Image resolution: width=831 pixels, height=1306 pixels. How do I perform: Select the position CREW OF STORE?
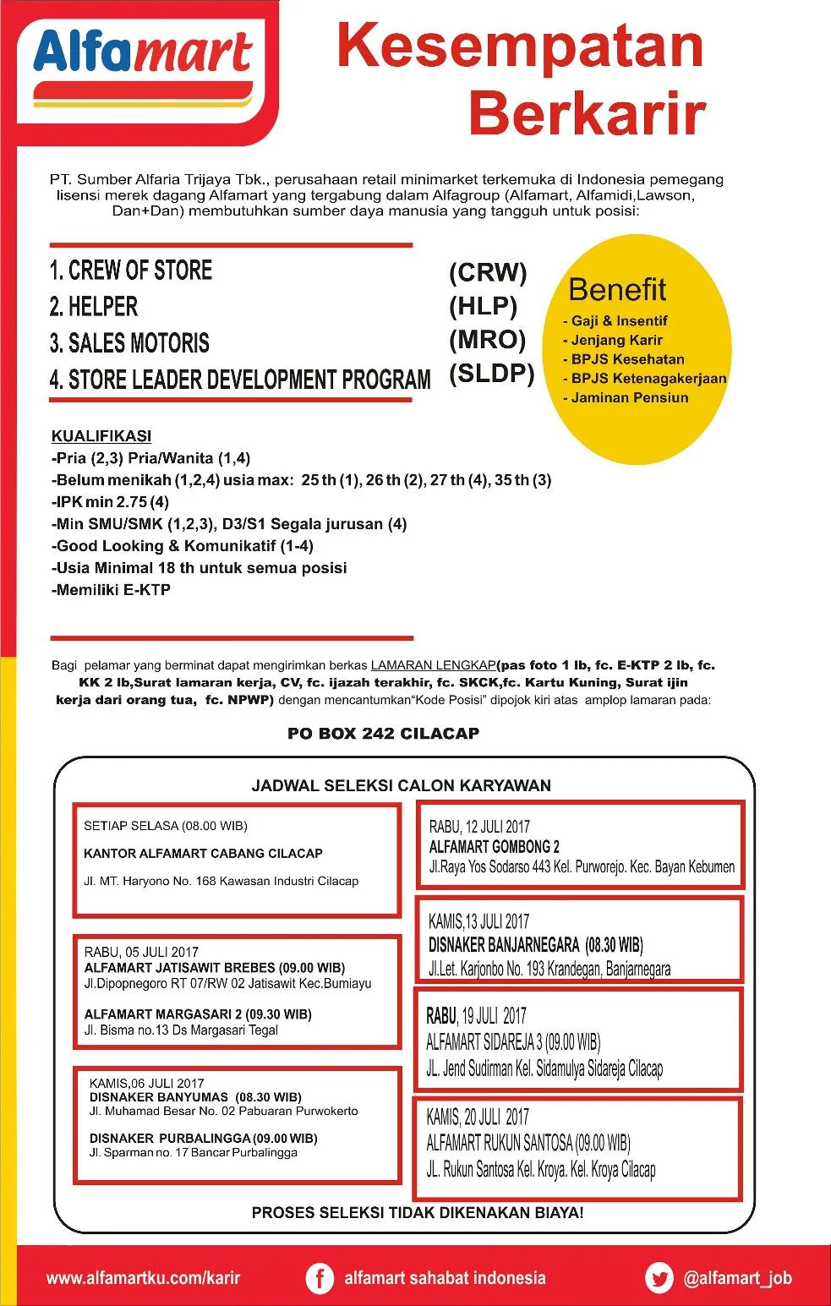click(x=131, y=270)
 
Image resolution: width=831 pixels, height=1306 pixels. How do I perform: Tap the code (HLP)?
click(x=483, y=306)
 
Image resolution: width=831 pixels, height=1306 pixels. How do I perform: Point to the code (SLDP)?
click(x=491, y=373)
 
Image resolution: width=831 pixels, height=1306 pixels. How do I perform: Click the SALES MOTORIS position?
click(x=129, y=343)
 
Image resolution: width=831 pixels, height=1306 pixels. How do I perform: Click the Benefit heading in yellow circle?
click(x=617, y=290)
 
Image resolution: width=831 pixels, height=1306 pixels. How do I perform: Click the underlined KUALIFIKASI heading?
click(x=101, y=436)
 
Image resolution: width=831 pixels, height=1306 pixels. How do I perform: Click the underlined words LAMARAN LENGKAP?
click(x=433, y=665)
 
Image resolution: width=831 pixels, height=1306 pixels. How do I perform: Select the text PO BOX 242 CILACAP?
click(x=383, y=733)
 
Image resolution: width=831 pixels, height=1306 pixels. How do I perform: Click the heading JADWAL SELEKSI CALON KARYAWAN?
click(x=401, y=785)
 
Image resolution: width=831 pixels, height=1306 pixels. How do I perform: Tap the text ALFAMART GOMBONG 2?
click(x=494, y=847)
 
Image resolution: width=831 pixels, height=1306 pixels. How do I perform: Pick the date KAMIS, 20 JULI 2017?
click(x=478, y=1117)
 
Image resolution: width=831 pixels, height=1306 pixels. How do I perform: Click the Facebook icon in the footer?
click(x=319, y=1278)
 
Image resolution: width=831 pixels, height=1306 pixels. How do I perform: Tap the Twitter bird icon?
click(x=659, y=1278)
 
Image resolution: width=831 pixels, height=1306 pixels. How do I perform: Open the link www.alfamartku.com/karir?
click(x=143, y=1278)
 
